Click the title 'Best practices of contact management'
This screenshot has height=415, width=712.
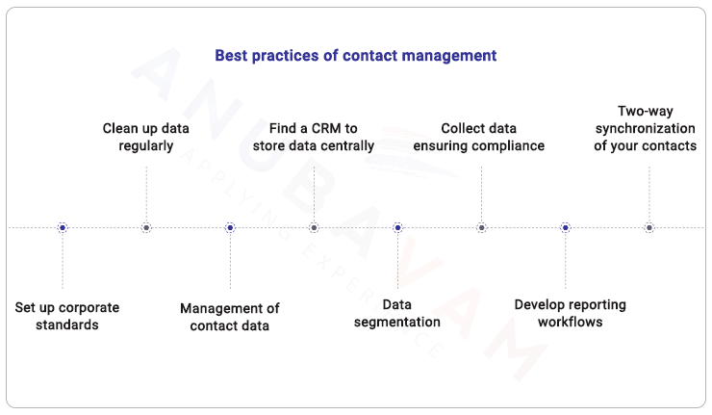coord(355,56)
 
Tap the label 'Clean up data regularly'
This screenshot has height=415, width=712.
coord(146,137)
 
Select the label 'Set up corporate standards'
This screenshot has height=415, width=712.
coord(67,316)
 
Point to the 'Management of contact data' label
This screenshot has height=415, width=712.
coord(230,317)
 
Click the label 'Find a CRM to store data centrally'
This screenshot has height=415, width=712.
coord(314,137)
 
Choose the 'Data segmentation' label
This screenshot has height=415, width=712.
coord(397,313)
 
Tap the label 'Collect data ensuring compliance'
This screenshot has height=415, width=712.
coord(479,137)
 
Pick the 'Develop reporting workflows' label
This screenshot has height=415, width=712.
coord(570,313)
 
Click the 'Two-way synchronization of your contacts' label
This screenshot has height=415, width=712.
coord(646,128)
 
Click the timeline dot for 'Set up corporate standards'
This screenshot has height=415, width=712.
coord(63,228)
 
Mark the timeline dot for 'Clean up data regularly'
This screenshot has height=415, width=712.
coord(146,228)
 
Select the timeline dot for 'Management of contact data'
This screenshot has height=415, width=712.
coord(230,228)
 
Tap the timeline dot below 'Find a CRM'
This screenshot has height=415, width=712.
coord(314,228)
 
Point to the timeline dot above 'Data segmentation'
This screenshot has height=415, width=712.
coord(397,228)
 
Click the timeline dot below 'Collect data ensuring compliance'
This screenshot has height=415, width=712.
coord(481,228)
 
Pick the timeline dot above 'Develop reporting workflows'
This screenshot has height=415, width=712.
coord(565,228)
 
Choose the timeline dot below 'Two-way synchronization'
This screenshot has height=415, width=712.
coord(648,228)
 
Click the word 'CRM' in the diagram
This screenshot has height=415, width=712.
coord(325,128)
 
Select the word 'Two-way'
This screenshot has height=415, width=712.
coord(646,111)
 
